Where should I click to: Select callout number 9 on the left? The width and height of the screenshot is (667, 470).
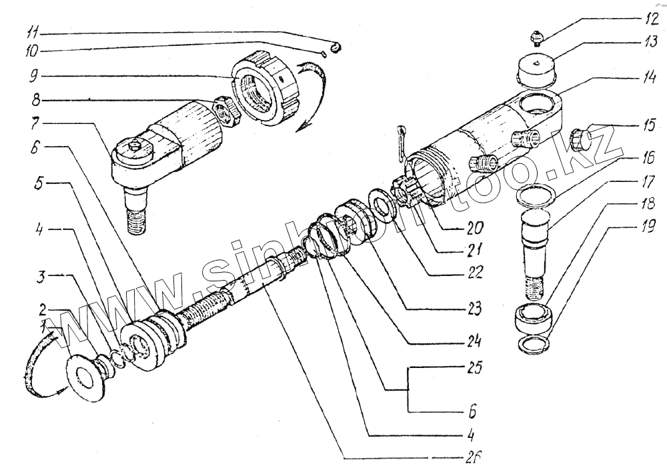tap(33, 75)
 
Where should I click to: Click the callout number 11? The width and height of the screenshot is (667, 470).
tap(33, 31)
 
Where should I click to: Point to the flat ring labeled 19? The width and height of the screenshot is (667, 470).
tap(535, 343)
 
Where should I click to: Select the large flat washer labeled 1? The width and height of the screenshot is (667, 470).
tap(86, 377)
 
